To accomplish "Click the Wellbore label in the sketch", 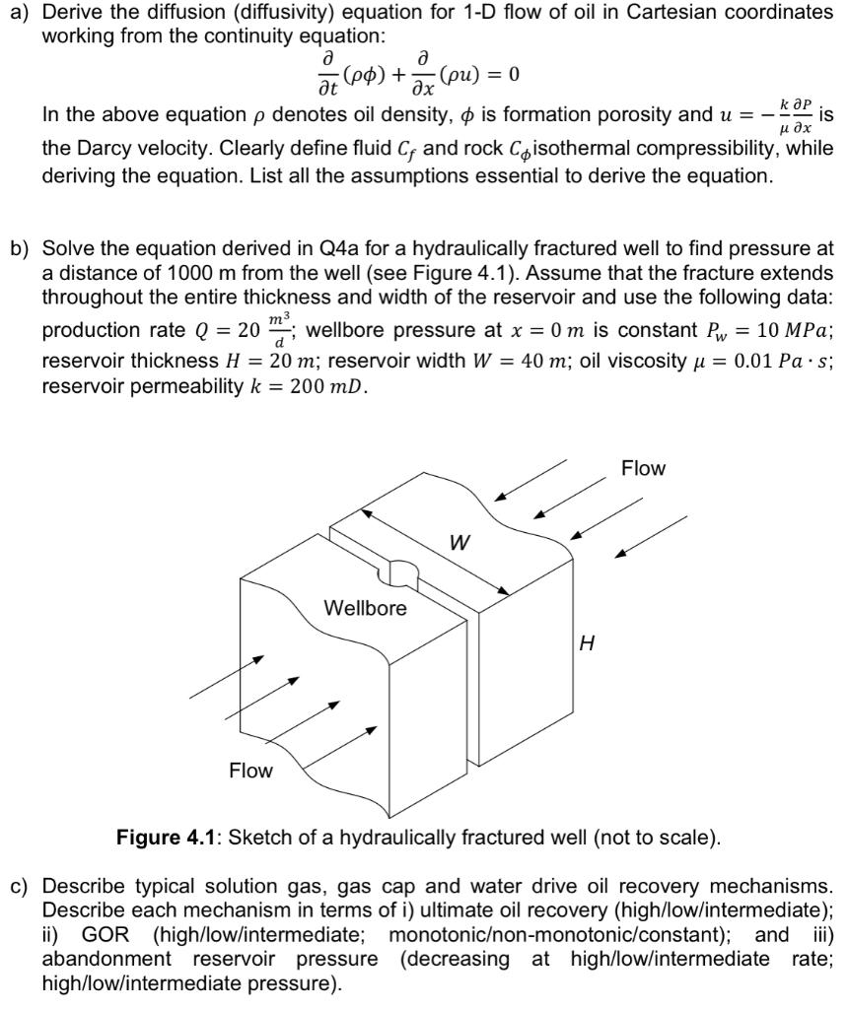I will click(365, 608).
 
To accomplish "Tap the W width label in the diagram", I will click(459, 543).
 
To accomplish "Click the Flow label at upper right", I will click(643, 468).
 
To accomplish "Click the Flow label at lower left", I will click(250, 770).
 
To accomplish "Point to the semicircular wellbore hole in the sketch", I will click(401, 571).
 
